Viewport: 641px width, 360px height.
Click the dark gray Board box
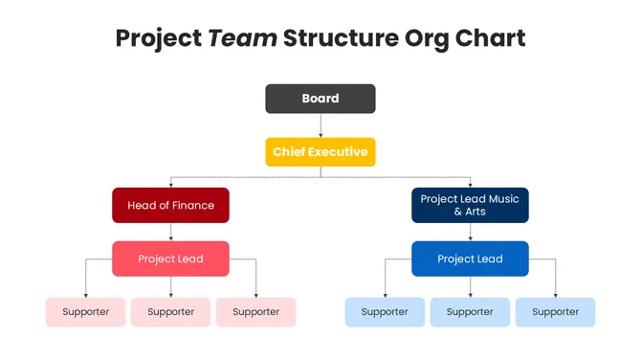click(x=320, y=99)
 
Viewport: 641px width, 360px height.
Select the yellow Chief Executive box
click(x=320, y=152)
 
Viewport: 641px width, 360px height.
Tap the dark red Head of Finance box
click(x=171, y=205)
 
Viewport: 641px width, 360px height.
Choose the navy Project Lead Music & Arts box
click(x=470, y=205)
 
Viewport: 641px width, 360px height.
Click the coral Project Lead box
click(x=170, y=259)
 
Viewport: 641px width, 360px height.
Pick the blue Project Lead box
click(x=470, y=259)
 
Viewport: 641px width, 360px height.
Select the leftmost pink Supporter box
click(x=86, y=312)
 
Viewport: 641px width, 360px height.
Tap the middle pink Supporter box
click(x=171, y=312)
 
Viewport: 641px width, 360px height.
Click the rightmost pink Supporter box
click(x=255, y=312)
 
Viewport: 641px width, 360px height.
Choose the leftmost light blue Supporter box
click(x=385, y=312)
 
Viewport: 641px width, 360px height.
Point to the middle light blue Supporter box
click(x=470, y=312)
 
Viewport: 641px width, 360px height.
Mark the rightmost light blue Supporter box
click(x=555, y=312)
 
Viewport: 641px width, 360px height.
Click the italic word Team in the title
click(x=243, y=38)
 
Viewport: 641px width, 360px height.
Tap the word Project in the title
click(x=158, y=38)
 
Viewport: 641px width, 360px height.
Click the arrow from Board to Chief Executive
click(x=320, y=125)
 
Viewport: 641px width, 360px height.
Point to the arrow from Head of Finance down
click(x=171, y=232)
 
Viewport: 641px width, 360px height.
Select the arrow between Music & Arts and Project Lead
click(x=470, y=232)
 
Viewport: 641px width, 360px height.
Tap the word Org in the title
click(x=421, y=38)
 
